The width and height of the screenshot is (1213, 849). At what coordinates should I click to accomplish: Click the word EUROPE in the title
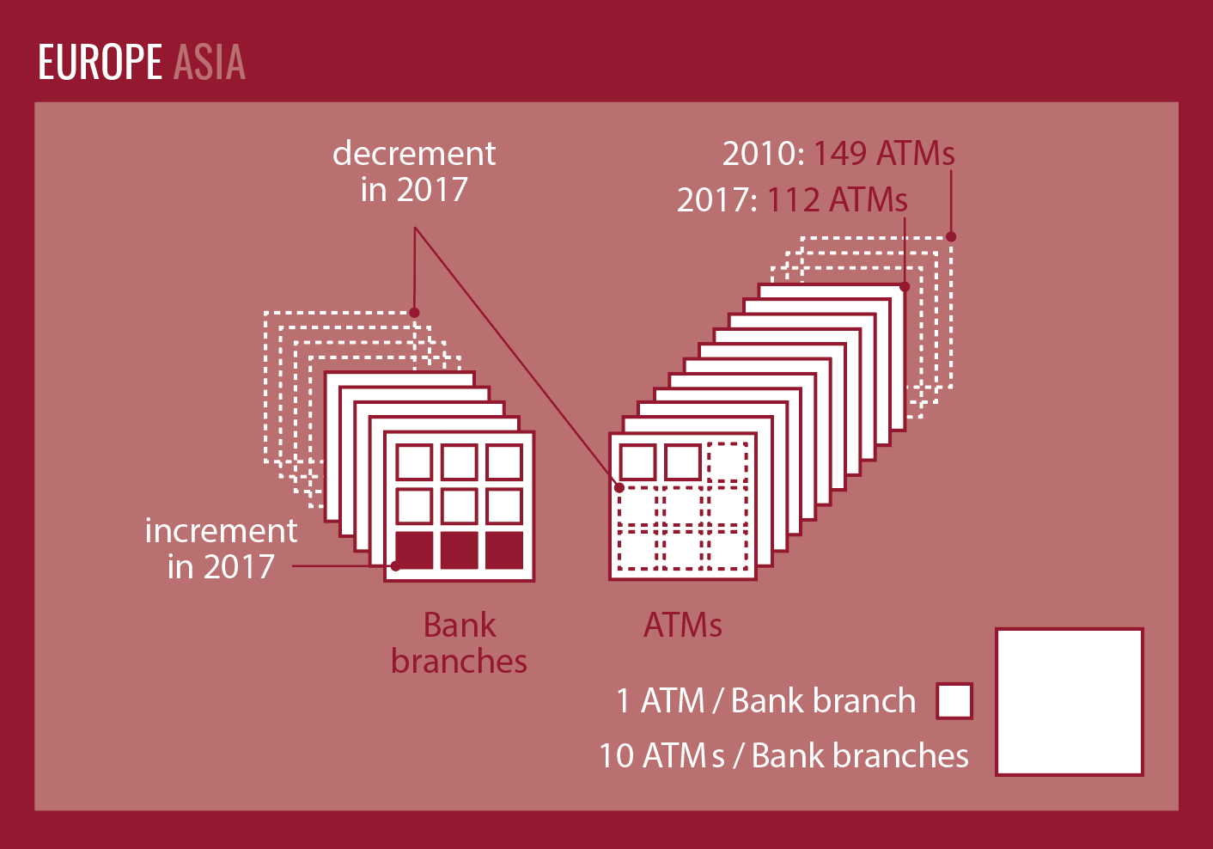pyautogui.click(x=100, y=63)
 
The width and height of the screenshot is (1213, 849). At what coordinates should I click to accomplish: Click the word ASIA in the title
pyautogui.click(x=210, y=63)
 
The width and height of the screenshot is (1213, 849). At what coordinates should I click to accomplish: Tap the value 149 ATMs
pyautogui.click(x=883, y=154)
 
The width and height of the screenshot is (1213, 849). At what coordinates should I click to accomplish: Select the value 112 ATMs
pyautogui.click(x=837, y=200)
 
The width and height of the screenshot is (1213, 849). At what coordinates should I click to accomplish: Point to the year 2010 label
pyautogui.click(x=761, y=154)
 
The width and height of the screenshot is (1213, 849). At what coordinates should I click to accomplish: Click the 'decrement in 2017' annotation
pyautogui.click(x=414, y=171)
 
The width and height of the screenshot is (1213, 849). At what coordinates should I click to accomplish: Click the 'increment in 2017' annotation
pyautogui.click(x=221, y=548)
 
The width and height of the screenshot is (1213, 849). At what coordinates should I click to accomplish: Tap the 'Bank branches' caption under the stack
pyautogui.click(x=459, y=643)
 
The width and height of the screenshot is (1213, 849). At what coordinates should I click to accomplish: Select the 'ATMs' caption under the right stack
pyautogui.click(x=683, y=625)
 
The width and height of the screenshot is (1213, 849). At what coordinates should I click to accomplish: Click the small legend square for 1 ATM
pyautogui.click(x=954, y=700)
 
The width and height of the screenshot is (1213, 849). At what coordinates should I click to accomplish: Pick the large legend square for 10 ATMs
pyautogui.click(x=1070, y=701)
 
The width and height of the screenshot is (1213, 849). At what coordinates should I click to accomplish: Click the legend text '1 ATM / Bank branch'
pyautogui.click(x=765, y=700)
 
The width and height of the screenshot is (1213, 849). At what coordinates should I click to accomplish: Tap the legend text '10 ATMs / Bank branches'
pyautogui.click(x=783, y=755)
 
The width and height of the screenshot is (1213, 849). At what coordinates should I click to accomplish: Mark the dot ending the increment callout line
pyautogui.click(x=395, y=565)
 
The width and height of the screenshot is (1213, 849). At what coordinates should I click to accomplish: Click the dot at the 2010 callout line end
pyautogui.click(x=951, y=236)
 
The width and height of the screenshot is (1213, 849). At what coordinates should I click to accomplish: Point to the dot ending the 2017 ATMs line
pyautogui.click(x=905, y=287)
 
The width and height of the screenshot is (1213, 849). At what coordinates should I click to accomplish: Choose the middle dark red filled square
pyautogui.click(x=459, y=550)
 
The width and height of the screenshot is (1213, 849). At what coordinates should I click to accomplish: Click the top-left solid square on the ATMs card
pyautogui.click(x=637, y=462)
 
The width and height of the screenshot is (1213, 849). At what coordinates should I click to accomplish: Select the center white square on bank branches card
pyautogui.click(x=459, y=506)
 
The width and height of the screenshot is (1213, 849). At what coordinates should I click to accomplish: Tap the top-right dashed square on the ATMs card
pyautogui.click(x=728, y=462)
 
